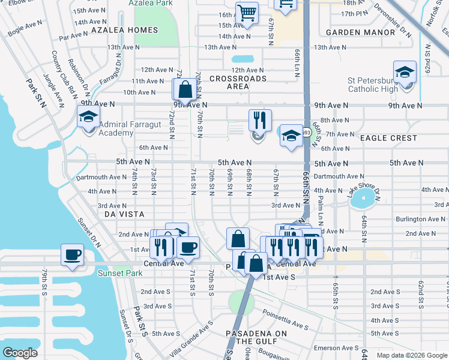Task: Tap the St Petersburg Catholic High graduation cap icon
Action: (x=405, y=72)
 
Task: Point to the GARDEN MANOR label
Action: (x=353, y=32)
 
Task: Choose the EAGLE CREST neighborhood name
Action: (x=388, y=138)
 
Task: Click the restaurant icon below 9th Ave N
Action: (x=260, y=120)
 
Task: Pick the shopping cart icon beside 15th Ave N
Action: (x=247, y=13)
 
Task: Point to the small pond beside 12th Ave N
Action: (x=243, y=59)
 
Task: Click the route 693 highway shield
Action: (x=306, y=133)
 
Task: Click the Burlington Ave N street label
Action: (x=420, y=220)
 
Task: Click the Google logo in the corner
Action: (x=20, y=352)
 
